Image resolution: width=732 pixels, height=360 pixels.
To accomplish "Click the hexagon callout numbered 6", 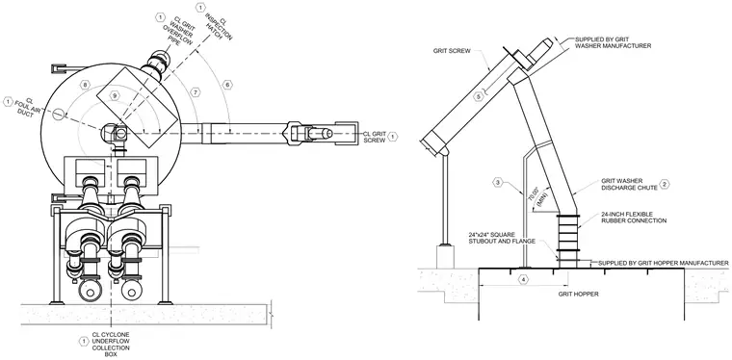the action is pos(227,85).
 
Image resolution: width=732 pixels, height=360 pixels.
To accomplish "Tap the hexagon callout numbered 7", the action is pos(196,92).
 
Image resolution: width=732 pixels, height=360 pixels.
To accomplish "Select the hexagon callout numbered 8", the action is pos(85,85).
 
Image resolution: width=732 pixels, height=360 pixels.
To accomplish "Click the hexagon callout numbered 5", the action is pos(478,96).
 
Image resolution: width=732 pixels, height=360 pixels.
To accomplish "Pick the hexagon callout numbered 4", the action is pos(524,279).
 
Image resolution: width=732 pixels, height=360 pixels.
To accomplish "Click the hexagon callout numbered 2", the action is pos(665,184).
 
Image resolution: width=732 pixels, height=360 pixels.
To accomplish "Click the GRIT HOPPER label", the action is pos(579,295).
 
